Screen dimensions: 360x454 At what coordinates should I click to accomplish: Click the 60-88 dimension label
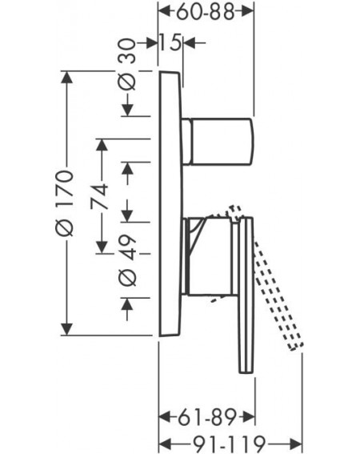point(205,12)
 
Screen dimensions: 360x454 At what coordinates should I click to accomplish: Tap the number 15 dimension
point(170,42)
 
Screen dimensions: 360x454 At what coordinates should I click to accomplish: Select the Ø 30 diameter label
point(127,64)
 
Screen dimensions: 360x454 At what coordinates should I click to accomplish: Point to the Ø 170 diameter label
point(64,203)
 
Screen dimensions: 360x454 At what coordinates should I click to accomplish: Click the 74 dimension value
point(99,196)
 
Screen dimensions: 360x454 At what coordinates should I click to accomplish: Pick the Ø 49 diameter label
point(128,262)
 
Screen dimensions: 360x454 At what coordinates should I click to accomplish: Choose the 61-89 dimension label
point(207,417)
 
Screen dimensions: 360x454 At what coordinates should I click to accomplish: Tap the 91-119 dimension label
point(229,443)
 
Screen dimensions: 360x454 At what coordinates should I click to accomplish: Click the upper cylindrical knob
point(218,142)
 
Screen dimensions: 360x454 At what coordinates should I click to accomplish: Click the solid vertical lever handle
point(246,295)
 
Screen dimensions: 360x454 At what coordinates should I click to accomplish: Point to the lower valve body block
point(210,256)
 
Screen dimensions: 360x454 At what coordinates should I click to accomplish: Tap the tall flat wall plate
point(170,203)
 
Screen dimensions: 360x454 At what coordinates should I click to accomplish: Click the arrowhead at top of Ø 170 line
point(67,78)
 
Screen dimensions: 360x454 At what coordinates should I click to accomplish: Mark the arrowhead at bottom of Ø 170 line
point(67,329)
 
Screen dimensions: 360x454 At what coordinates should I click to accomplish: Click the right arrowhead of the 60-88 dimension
point(246,11)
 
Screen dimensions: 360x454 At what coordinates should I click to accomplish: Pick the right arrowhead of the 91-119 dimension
point(295,444)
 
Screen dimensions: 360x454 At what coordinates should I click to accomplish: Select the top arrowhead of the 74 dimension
point(102,145)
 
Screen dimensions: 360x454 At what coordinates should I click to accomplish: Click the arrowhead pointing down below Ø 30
point(128,110)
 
